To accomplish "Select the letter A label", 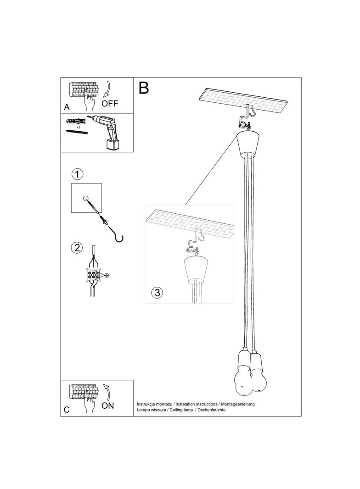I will (x=67, y=107).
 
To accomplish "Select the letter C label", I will (x=67, y=410).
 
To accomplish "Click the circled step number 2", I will (x=77, y=248).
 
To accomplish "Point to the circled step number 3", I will (x=157, y=293).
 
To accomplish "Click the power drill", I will (x=108, y=131).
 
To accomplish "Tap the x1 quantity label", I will (x=79, y=127).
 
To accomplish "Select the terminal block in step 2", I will (x=93, y=275).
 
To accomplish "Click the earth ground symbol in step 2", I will (x=107, y=275).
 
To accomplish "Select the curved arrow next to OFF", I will (x=109, y=89).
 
